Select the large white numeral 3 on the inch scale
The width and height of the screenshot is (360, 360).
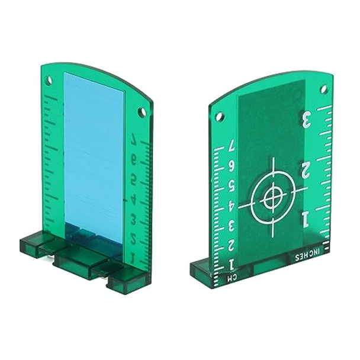[x=307, y=120]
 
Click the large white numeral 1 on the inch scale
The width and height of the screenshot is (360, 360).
[x=305, y=220]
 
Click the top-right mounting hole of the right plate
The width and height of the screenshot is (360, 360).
[x=323, y=89]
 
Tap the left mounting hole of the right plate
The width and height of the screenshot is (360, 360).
[x=218, y=116]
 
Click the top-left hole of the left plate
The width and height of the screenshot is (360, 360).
[x=49, y=80]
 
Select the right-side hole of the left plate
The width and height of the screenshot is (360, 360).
[x=142, y=111]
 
